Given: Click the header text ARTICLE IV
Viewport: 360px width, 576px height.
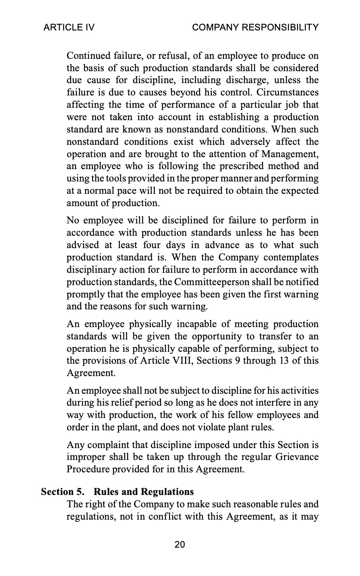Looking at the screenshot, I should tap(69, 28).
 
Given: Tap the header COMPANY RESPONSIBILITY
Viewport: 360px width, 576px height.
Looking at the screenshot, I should tap(255, 28).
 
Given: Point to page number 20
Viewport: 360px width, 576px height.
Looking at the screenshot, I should tap(180, 545).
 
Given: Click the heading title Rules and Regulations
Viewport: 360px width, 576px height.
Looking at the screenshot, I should tap(144, 492).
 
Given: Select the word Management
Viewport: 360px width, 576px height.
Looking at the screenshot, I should tap(291, 154).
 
